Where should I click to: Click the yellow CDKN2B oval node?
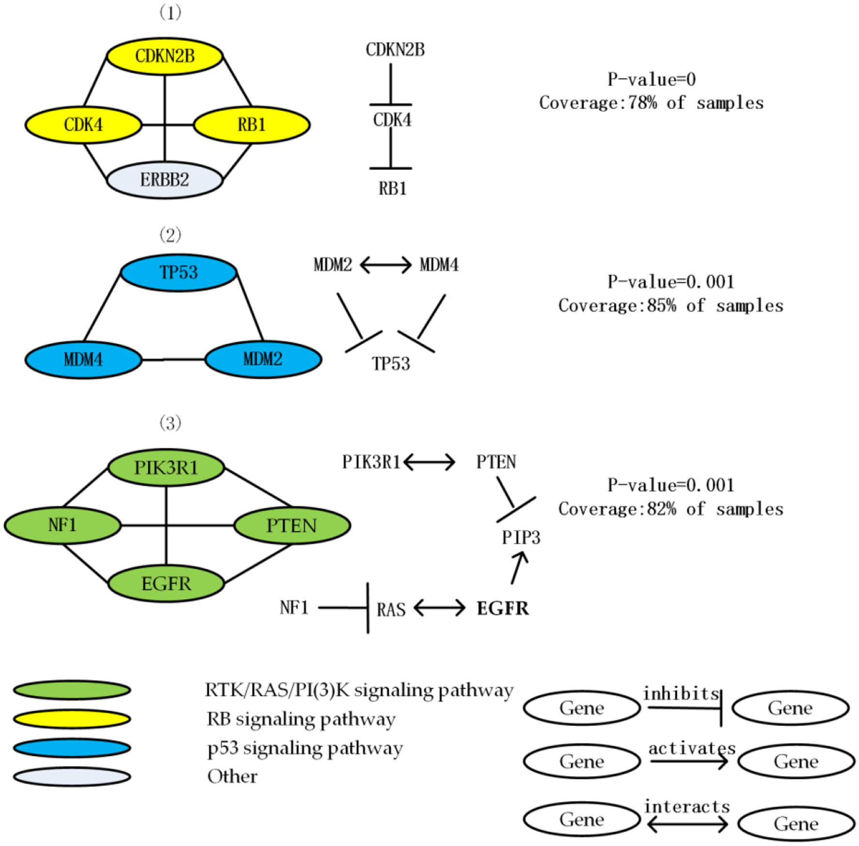165,56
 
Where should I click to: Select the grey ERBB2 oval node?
165,180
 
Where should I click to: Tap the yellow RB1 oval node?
252,125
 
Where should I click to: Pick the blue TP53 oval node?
178,273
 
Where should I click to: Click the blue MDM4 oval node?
83,360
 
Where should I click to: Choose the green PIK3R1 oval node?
166,468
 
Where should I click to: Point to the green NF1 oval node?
63,525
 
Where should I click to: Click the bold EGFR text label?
503,609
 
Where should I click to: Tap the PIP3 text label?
521,538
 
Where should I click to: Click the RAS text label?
391,610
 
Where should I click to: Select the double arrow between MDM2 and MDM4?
385,265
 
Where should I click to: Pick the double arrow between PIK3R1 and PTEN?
429,462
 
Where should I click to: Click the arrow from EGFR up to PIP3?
518,569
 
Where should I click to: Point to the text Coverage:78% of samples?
651,103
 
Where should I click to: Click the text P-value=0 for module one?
651,79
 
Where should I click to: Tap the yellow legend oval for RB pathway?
72,719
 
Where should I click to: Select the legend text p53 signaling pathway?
305,748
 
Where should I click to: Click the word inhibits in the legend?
681,694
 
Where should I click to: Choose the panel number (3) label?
170,423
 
